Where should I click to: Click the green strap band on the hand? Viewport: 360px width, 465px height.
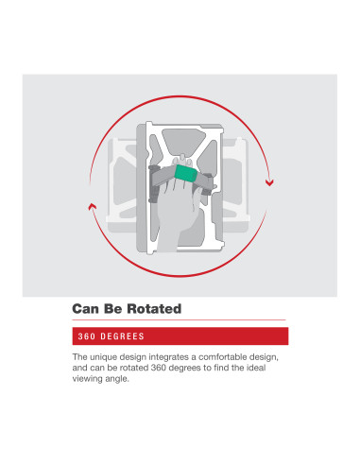pyautogui.click(x=186, y=174)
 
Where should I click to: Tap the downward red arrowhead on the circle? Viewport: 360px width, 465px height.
pyautogui.click(x=269, y=182)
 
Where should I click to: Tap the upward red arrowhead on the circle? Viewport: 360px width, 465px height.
pyautogui.click(x=92, y=206)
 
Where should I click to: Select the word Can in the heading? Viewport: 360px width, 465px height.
pyautogui.click(x=85, y=309)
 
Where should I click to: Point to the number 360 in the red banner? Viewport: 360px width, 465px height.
pyautogui.click(x=87, y=336)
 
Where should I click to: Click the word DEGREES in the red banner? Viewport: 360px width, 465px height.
pyautogui.click(x=122, y=336)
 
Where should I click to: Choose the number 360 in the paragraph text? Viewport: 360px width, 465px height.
pyautogui.click(x=159, y=368)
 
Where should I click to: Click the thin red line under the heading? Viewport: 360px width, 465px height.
pyautogui.click(x=179, y=320)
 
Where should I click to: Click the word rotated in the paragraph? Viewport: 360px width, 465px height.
pyautogui.click(x=134, y=368)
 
